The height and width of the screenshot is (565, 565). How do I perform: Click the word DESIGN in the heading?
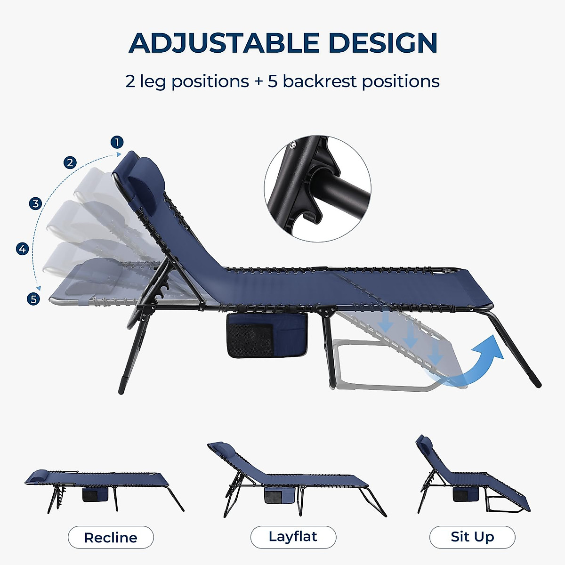tap(383, 43)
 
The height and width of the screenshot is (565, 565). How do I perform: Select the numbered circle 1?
tap(117, 142)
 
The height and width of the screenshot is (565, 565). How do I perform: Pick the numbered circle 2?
tap(70, 162)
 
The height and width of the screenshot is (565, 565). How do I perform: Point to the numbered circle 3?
tap(35, 203)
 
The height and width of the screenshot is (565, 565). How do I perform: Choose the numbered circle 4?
tap(23, 249)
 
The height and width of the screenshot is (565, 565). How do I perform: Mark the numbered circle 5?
tap(33, 299)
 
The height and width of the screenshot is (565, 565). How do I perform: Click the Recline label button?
tap(111, 537)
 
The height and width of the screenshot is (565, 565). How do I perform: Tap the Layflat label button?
tap(293, 537)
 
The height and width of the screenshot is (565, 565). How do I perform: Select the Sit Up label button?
tap(472, 537)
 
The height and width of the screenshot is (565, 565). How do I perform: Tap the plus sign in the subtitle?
tap(258, 81)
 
